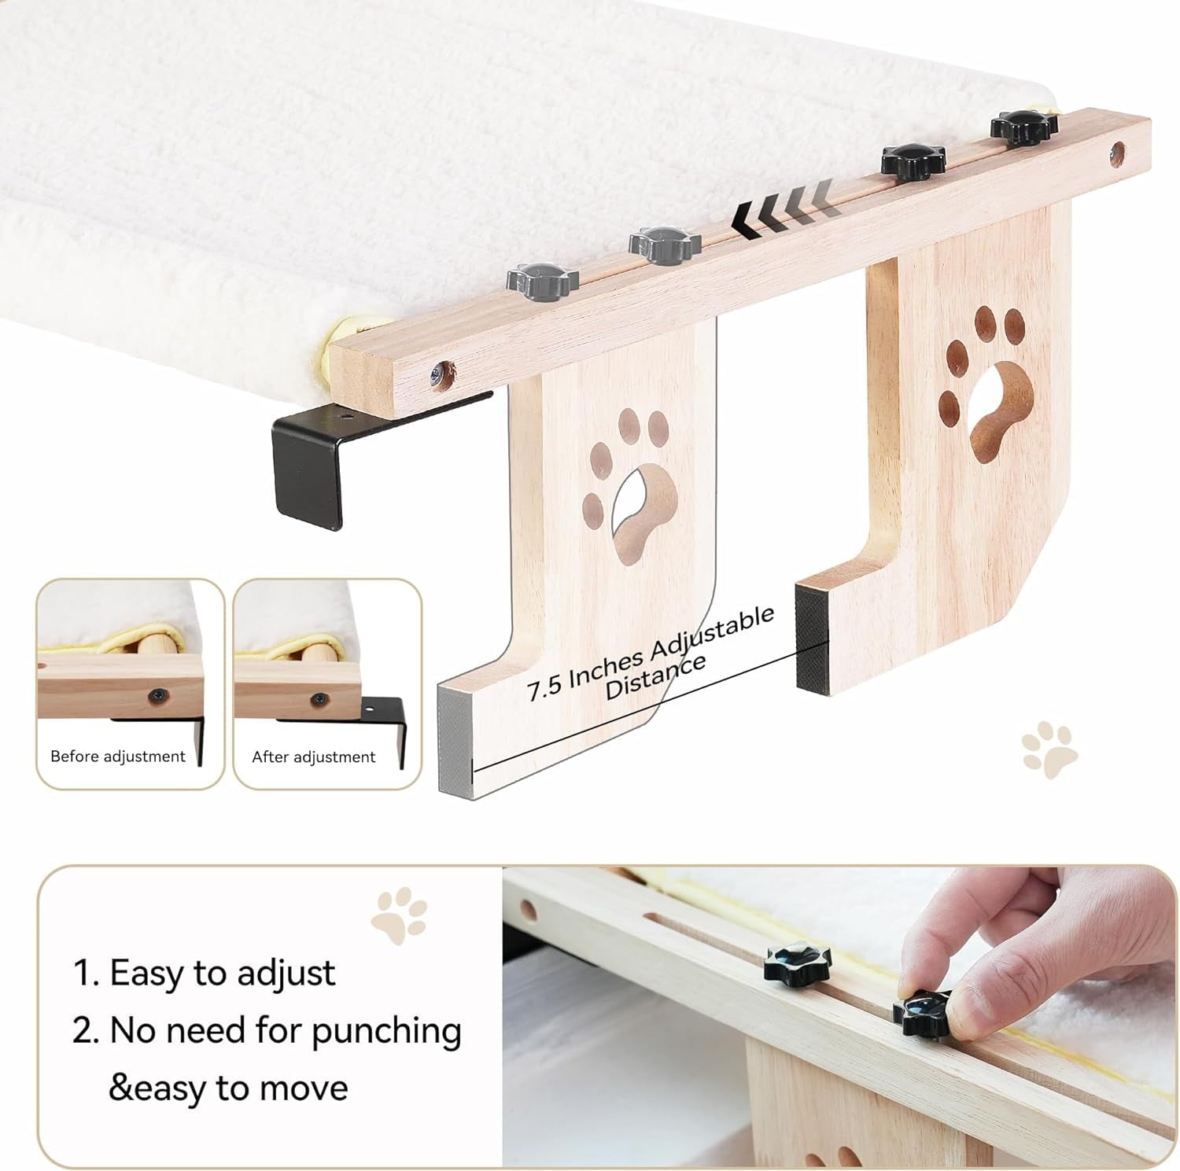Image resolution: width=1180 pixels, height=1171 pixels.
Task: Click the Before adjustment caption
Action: click(118, 757)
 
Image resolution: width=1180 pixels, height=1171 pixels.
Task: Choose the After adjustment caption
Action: click(313, 757)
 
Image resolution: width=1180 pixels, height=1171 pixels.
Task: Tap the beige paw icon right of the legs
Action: click(1049, 750)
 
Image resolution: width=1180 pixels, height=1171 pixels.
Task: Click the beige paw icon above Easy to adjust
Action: click(400, 915)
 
